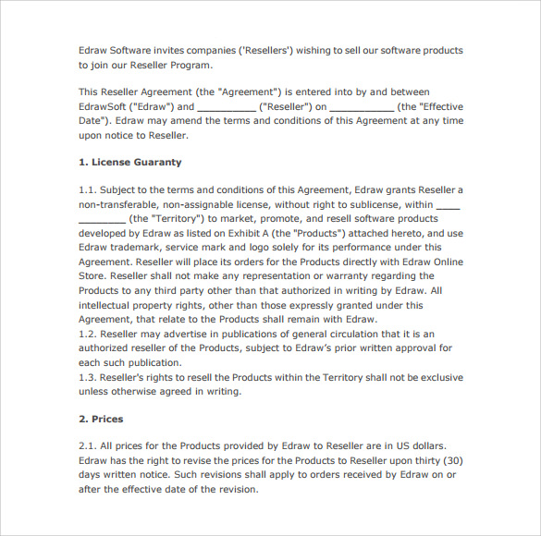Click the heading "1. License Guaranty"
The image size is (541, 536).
click(x=129, y=162)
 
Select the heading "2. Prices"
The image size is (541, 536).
click(x=101, y=419)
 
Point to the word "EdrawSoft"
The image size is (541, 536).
click(x=105, y=106)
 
